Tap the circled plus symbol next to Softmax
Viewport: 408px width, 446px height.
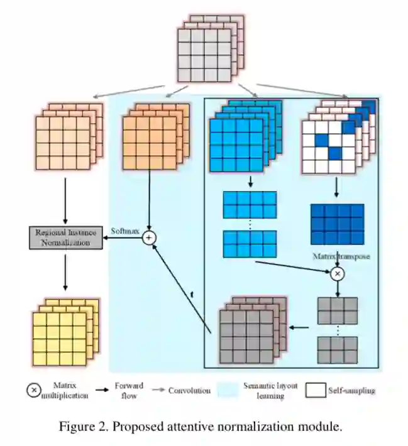pyautogui.click(x=150, y=237)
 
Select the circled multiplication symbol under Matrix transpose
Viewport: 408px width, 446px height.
pyautogui.click(x=338, y=274)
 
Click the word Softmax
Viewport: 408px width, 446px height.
pyautogui.click(x=124, y=231)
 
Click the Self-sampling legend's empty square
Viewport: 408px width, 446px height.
pyautogui.click(x=314, y=391)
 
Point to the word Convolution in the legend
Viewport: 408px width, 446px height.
pyautogui.click(x=189, y=391)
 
